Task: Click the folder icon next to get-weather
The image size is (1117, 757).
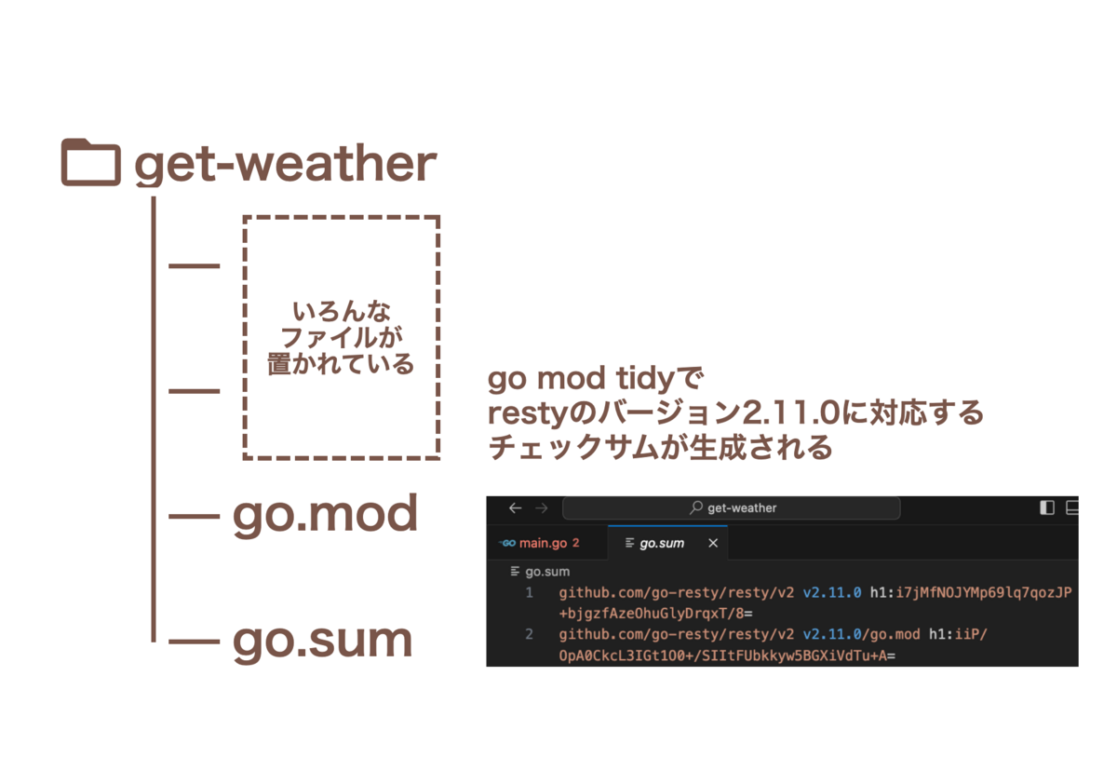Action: click(x=91, y=162)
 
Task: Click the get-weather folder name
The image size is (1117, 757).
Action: click(x=286, y=165)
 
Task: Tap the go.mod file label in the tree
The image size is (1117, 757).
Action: click(x=325, y=516)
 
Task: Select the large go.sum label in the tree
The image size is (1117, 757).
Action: click(x=323, y=642)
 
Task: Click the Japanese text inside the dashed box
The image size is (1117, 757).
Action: click(x=341, y=338)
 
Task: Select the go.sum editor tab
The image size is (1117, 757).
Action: click(x=662, y=543)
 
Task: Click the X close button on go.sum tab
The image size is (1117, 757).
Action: click(x=713, y=543)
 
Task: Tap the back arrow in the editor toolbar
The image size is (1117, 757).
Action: click(x=515, y=508)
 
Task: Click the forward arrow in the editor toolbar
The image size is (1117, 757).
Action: click(x=542, y=508)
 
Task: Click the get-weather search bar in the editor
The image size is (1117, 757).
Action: click(x=732, y=508)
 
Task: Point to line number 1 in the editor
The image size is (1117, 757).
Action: click(x=529, y=593)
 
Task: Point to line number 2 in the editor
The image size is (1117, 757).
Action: click(x=529, y=634)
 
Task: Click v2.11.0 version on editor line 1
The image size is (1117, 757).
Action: click(x=832, y=593)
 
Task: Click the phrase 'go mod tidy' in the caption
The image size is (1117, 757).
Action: click(x=581, y=379)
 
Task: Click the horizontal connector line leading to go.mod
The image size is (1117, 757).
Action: click(x=194, y=516)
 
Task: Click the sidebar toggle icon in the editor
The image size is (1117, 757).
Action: click(x=1046, y=507)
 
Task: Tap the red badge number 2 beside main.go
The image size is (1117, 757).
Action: click(x=576, y=543)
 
